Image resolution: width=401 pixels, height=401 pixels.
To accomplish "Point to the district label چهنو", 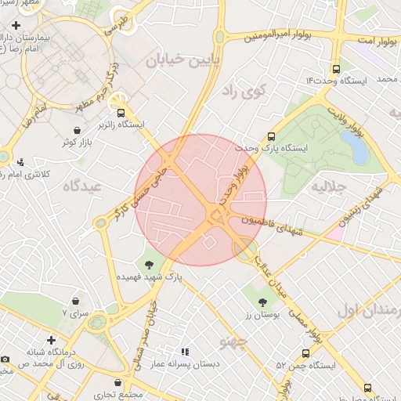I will click(235, 342).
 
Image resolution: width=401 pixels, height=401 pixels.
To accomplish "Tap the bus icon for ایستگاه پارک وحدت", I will click(272, 135).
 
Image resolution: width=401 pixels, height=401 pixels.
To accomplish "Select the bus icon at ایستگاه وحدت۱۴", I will click(336, 68).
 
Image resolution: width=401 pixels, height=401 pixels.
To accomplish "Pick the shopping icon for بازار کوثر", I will click(76, 130).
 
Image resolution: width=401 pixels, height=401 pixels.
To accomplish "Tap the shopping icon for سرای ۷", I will click(76, 301).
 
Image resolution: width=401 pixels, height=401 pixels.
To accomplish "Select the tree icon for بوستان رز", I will click(262, 302).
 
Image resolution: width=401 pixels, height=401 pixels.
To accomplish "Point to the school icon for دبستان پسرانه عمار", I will click(185, 352).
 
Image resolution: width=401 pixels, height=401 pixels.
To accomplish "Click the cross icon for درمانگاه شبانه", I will click(52, 341).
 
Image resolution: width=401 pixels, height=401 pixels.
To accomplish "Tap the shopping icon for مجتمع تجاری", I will click(117, 384).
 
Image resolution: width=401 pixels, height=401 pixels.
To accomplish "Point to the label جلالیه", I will click(328, 188).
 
